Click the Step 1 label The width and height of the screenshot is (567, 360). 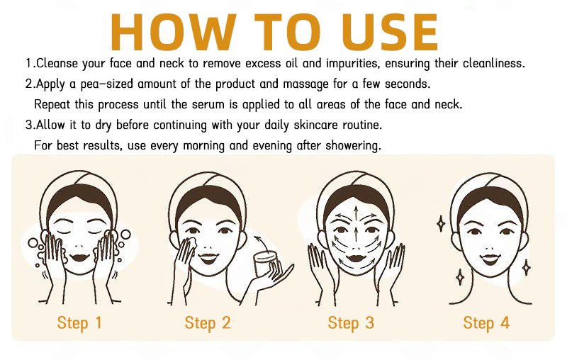[x=79, y=323]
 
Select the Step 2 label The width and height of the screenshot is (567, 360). [x=208, y=323]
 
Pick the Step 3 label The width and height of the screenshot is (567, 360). [x=351, y=323]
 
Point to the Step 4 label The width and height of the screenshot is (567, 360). [x=486, y=323]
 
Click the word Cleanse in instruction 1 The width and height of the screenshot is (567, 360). [x=57, y=63]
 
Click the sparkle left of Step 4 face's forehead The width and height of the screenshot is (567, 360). [x=441, y=224]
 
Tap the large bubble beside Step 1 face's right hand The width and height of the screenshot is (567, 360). [x=125, y=235]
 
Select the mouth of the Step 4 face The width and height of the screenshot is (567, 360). [x=490, y=259]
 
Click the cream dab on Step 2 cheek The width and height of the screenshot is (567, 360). [x=192, y=244]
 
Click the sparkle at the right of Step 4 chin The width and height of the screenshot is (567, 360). [x=527, y=268]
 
